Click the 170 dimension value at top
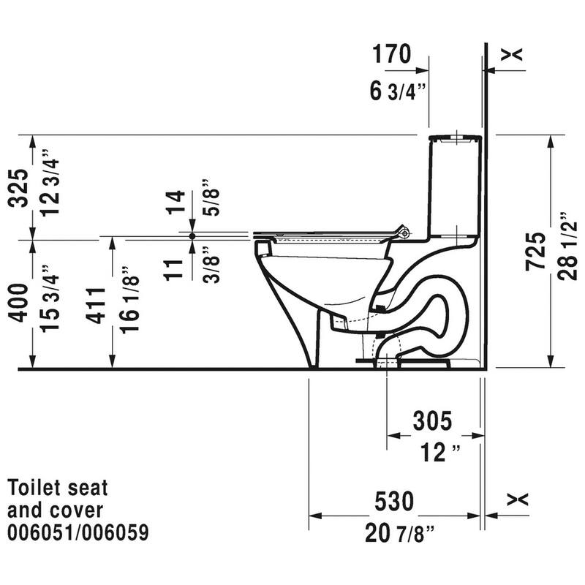click(x=391, y=54)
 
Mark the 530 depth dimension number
click(x=394, y=502)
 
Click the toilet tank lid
click(x=454, y=137)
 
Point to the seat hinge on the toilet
click(x=400, y=233)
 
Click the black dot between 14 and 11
click(x=192, y=236)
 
